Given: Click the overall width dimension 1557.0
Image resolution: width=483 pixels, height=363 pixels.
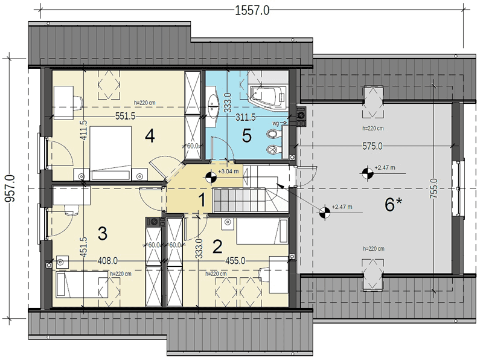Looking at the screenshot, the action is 252,10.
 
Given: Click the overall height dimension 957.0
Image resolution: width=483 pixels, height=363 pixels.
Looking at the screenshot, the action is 10,188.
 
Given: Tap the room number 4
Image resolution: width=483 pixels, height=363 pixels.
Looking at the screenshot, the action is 149,136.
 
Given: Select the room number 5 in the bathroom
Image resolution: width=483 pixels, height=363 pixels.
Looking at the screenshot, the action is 247,135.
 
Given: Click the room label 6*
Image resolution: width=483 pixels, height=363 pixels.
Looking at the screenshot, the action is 394,204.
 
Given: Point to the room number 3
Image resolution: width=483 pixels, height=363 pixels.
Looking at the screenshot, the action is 102,233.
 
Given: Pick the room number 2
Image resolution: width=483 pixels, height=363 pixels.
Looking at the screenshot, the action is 217,246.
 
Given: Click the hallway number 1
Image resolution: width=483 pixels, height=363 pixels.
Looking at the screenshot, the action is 202,200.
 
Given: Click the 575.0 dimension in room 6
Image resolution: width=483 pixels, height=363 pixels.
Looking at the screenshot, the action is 372,146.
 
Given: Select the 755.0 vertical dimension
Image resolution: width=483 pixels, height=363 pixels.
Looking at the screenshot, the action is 433,188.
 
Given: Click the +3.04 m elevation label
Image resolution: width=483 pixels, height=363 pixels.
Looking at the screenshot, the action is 228,172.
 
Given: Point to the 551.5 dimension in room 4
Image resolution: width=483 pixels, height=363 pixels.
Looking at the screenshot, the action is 126,116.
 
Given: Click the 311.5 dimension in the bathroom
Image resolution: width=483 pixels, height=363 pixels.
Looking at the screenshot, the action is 246,117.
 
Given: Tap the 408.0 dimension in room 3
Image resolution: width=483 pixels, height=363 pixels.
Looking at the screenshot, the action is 107,261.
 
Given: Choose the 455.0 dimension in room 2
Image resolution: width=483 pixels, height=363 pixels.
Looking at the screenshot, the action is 235,261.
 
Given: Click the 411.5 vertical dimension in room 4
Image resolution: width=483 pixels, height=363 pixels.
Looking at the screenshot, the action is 84,130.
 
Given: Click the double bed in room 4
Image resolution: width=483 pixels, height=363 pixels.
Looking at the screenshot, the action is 110,153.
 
